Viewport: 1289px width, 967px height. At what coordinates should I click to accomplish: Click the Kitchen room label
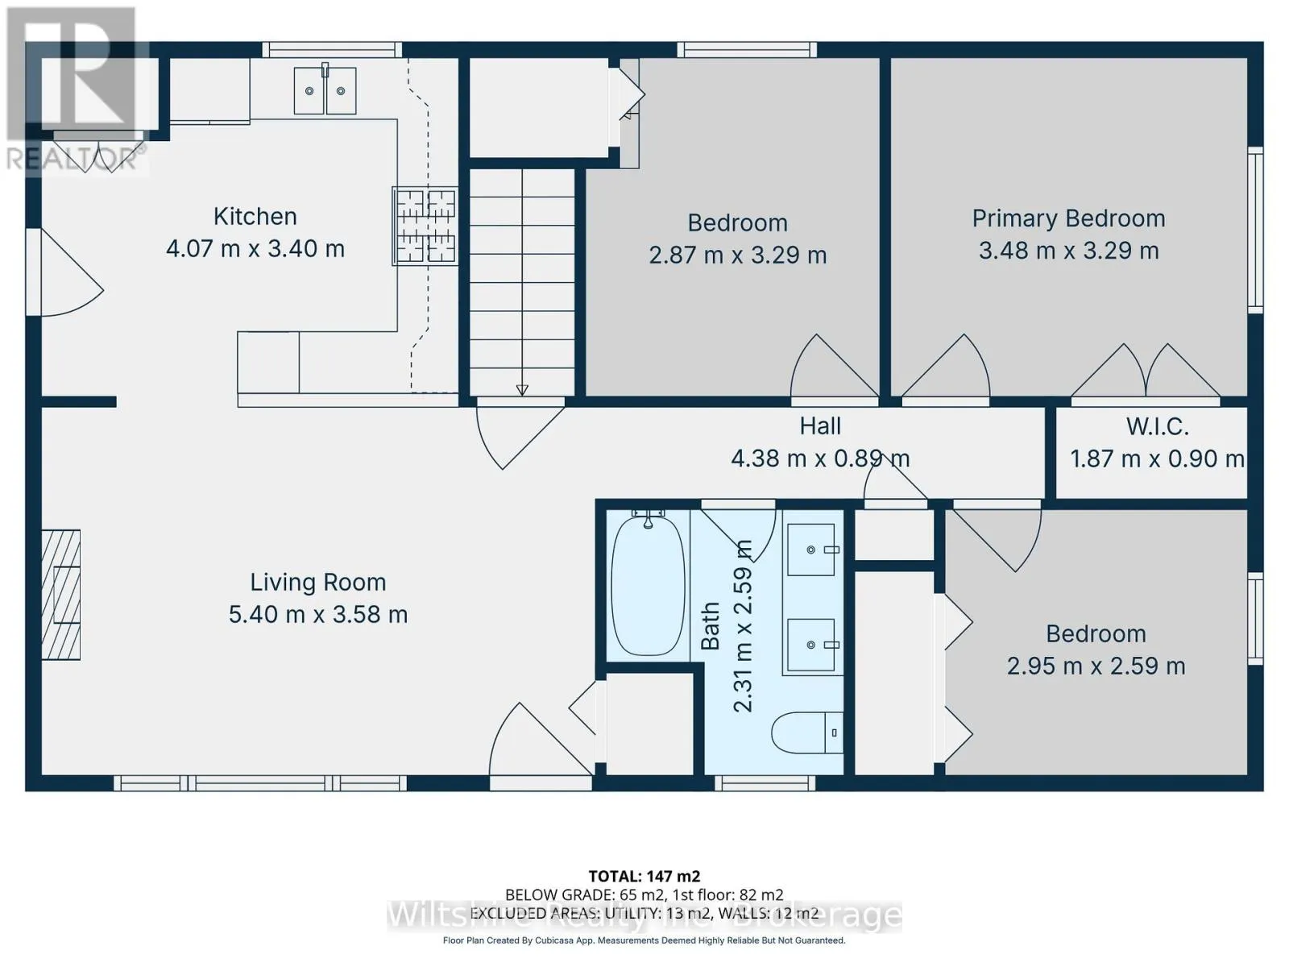(x=255, y=217)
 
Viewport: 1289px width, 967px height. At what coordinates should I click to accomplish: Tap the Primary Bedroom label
(x=1068, y=219)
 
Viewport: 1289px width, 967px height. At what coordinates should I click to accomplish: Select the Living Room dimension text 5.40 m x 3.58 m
(x=317, y=615)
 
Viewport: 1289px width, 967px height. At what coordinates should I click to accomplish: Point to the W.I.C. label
(x=1157, y=427)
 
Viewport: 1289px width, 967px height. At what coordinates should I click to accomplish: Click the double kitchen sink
(x=325, y=90)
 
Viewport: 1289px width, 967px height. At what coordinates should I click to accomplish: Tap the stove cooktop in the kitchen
(x=425, y=226)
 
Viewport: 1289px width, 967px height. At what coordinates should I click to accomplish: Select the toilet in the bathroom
(x=807, y=733)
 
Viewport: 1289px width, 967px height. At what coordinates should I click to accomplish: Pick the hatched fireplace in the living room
(x=60, y=595)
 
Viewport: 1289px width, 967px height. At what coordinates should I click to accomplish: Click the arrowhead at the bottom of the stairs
(x=521, y=390)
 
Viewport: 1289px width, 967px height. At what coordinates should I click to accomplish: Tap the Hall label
(x=820, y=426)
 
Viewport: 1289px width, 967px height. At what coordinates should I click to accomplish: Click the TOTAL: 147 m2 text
(x=644, y=877)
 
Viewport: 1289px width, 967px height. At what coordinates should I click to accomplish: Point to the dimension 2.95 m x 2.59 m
(x=1096, y=666)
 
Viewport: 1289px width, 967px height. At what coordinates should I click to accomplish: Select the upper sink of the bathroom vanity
(x=811, y=550)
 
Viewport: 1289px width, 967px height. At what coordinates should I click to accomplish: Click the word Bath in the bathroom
(x=710, y=626)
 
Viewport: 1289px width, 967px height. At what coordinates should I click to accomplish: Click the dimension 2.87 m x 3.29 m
(x=738, y=255)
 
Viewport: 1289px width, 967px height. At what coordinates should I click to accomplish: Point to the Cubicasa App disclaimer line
(x=644, y=940)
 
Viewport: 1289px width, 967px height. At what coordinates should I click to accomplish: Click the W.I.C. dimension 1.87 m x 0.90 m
(x=1157, y=459)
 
